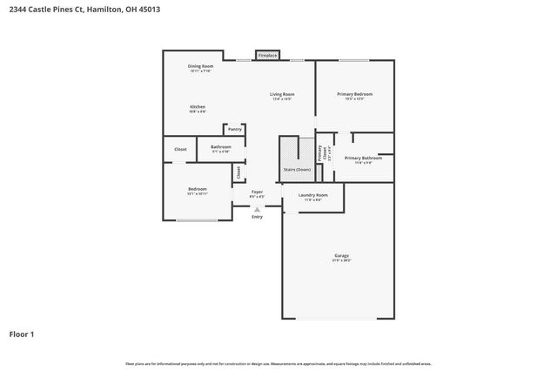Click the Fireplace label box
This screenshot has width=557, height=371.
coord(267,56)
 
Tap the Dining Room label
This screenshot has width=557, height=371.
coord(200,66)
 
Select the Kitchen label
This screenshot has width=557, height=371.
coord(198,107)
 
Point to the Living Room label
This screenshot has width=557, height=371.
coord(281,94)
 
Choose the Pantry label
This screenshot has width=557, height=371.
coord(235,129)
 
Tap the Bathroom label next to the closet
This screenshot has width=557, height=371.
coord(221,147)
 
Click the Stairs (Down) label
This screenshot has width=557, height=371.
coord(298,169)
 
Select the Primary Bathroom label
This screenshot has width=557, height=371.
coord(363,158)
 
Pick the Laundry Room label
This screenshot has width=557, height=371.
coord(312,195)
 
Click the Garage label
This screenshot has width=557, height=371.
coord(341,256)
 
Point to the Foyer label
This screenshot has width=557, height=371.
coord(257,192)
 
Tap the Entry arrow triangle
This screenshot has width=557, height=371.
coord(257,209)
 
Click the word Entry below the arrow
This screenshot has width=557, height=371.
coord(257,217)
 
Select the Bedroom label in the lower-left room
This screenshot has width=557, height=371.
coord(198,189)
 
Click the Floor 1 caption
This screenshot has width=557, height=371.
coord(22,334)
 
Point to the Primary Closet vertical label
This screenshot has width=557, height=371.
coord(319,154)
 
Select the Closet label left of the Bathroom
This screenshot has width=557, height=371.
coord(180,150)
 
